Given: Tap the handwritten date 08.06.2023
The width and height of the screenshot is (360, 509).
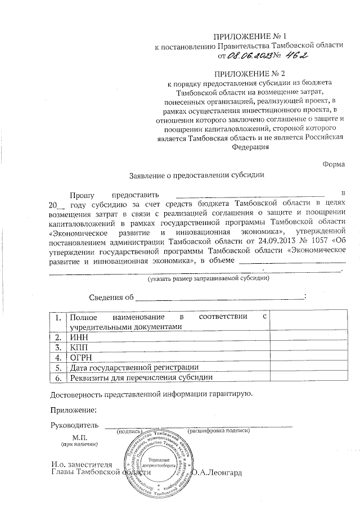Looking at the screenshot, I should click(x=248, y=56).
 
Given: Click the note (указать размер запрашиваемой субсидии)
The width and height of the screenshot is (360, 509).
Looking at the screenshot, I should click(x=209, y=278).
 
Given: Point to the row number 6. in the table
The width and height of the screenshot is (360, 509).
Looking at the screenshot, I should click(x=57, y=377).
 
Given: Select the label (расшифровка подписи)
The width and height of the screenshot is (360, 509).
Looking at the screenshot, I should click(x=218, y=431).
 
